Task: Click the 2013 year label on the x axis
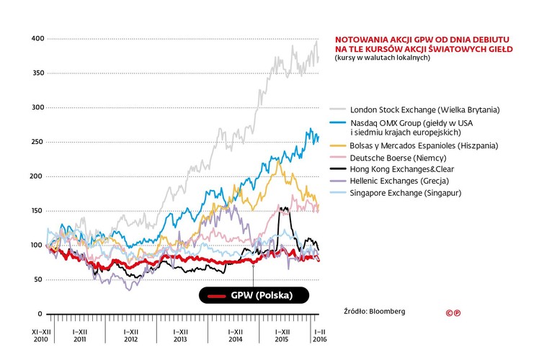[x=181, y=338]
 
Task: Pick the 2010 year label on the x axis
[x=40, y=338]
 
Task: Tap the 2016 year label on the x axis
[x=318, y=338]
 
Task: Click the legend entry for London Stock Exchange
[x=424, y=109]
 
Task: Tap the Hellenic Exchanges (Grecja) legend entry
[x=399, y=181]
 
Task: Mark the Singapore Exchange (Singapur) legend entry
[x=405, y=194]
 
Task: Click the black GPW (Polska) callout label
[x=254, y=296]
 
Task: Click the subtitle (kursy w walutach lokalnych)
[x=382, y=58]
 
